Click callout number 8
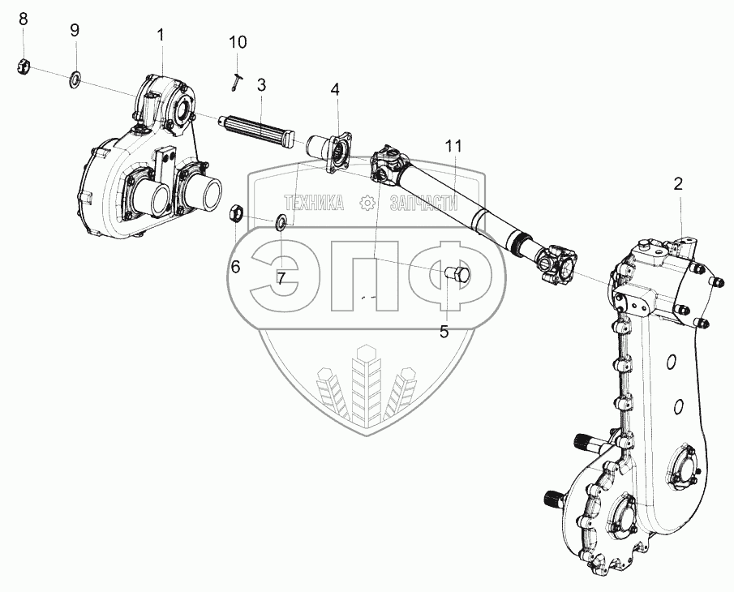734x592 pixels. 23,19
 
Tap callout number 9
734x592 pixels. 75,31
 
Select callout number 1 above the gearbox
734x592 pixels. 161,35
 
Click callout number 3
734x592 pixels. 261,84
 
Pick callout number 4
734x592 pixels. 334,89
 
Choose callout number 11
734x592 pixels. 453,146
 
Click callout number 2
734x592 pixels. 678,184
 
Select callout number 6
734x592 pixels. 236,266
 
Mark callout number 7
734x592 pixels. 281,278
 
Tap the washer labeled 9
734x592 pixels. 75,79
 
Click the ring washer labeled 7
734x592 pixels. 281,221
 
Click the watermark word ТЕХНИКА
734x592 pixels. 312,204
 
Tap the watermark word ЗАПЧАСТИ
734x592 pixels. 423,204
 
